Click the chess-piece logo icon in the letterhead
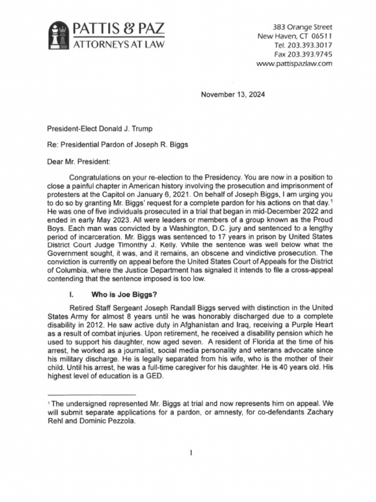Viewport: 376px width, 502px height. pyautogui.click(x=58, y=36)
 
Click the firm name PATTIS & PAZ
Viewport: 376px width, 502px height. pyautogui.click(x=119, y=29)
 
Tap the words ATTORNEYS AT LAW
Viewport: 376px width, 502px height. pyautogui.click(x=119, y=45)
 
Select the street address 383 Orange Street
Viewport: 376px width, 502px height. pyautogui.click(x=303, y=27)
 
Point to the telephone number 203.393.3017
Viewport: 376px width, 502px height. pyautogui.click(x=309, y=45)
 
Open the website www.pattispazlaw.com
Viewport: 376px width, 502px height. pyautogui.click(x=294, y=64)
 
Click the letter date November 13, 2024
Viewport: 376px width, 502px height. pyautogui.click(x=233, y=95)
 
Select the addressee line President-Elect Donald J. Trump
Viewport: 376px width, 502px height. pyautogui.click(x=100, y=129)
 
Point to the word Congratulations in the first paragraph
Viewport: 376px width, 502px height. pyautogui.click(x=98, y=177)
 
